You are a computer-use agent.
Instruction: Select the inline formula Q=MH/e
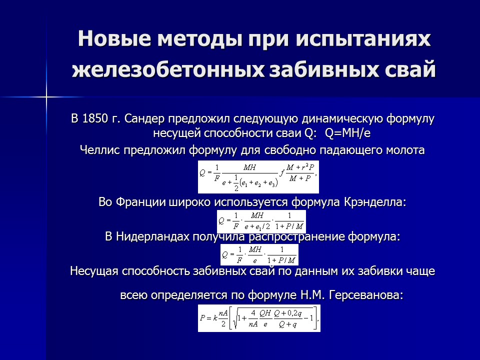[348, 133]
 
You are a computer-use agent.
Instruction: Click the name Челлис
[96, 150]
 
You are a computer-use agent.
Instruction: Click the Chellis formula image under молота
[258, 176]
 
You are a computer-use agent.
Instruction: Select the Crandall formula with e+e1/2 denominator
[260, 221]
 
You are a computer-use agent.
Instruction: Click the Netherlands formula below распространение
[259, 254]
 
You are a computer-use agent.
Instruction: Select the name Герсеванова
[367, 295]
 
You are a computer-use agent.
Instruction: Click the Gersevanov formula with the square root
[259, 318]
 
